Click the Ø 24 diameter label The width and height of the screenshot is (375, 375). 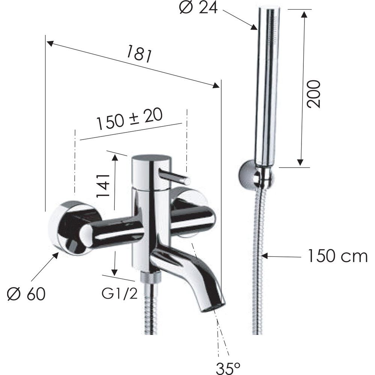198,7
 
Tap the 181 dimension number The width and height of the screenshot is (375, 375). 139,53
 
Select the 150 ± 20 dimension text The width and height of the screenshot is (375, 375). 129,119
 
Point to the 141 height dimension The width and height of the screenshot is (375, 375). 103,186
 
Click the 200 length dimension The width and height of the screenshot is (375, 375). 313,94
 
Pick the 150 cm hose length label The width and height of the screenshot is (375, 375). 337,256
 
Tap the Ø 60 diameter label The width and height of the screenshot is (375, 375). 26,294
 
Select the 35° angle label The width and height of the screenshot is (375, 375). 228,368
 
